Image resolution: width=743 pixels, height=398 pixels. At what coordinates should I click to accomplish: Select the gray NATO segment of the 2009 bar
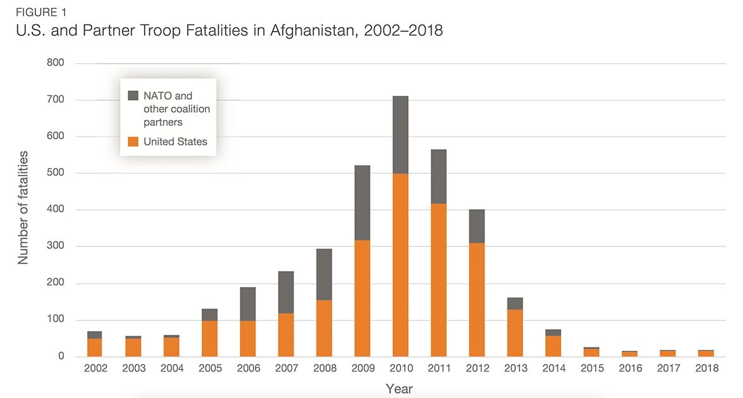(362, 203)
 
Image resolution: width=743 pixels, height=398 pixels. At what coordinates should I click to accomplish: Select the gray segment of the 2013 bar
(515, 303)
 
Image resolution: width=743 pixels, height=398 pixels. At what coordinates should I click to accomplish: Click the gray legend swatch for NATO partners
(133, 96)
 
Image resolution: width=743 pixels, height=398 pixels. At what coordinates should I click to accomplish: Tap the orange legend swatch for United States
(133, 142)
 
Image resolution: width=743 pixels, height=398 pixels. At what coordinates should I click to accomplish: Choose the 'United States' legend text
(175, 142)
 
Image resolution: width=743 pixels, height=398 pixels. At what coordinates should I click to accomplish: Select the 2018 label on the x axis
(706, 368)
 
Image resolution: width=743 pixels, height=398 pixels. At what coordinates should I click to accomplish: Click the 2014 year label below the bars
(553, 368)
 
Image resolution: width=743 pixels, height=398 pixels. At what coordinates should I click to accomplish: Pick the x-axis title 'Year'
(399, 389)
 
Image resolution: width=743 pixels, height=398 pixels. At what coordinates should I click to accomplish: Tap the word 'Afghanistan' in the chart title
(306, 31)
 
